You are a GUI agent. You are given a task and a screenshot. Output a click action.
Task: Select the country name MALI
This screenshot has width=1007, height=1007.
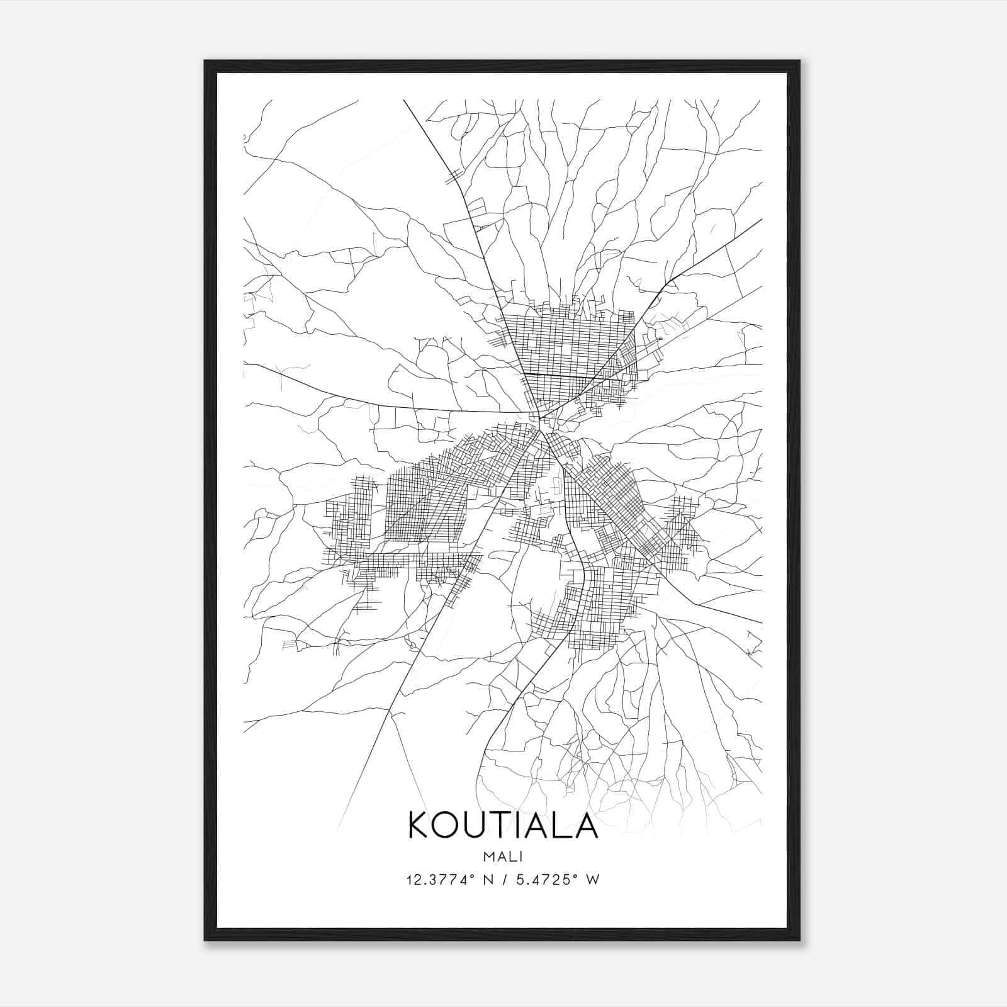point(503,856)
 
